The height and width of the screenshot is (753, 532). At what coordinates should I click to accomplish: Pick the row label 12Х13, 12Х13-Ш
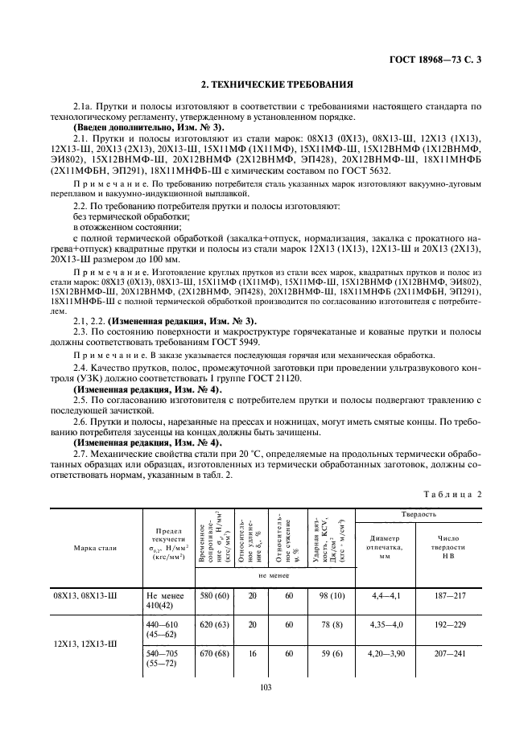pos(96,644)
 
